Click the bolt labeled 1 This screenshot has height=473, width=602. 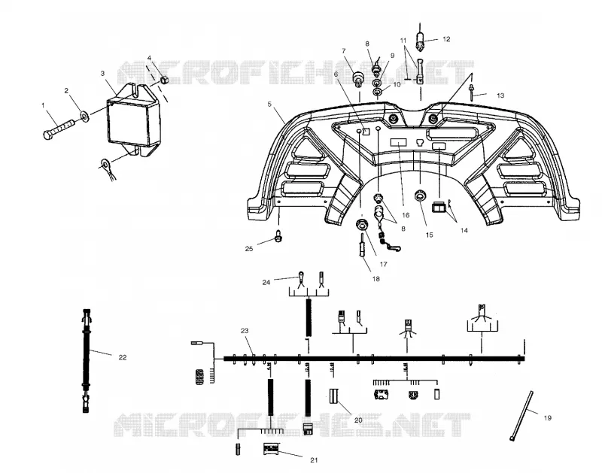pos(58,129)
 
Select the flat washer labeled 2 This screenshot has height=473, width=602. pos(84,116)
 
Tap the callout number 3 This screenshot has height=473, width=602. pos(102,73)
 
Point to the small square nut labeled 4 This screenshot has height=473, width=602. pos(165,80)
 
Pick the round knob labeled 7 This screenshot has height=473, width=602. pos(359,78)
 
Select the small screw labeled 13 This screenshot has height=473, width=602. pos(472,93)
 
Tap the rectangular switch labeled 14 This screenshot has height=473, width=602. pos(439,207)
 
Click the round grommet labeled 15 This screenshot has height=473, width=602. pos(421,196)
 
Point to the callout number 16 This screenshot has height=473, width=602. pos(406,215)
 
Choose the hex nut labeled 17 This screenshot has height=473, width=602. pos(361,225)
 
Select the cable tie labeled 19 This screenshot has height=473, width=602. pos(521,416)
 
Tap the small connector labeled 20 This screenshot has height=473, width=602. pos(333,396)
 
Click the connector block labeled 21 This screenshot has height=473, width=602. pos(272,449)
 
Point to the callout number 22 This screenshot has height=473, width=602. pos(123,357)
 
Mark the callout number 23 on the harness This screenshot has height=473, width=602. pos(245,331)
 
